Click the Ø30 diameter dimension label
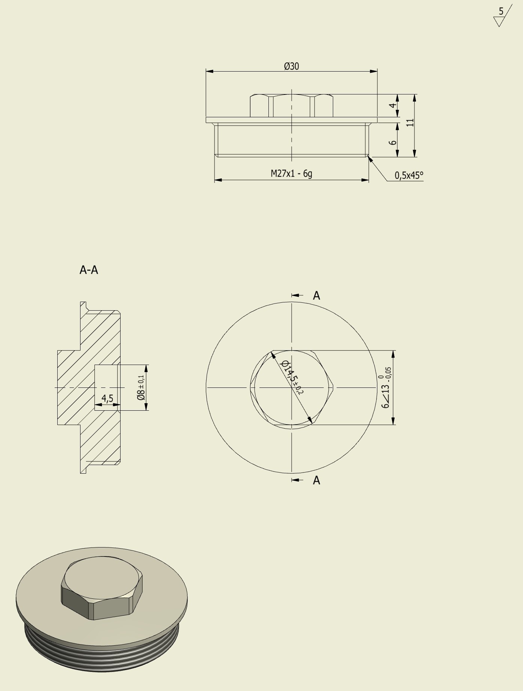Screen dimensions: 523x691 pyautogui.click(x=292, y=66)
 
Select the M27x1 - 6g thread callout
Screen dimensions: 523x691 pyautogui.click(x=291, y=173)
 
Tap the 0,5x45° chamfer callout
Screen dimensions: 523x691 pyautogui.click(x=409, y=175)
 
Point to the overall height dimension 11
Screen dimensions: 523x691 pyautogui.click(x=410, y=123)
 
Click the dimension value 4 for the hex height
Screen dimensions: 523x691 pyautogui.click(x=392, y=105)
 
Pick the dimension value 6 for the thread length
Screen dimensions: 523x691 pyautogui.click(x=392, y=143)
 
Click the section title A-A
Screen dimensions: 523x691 pyautogui.click(x=89, y=270)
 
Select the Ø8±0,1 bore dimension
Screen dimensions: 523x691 pyautogui.click(x=141, y=387)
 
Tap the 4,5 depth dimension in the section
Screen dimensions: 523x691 pyautogui.click(x=107, y=398)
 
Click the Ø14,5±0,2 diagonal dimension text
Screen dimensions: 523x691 pyautogui.click(x=292, y=377)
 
